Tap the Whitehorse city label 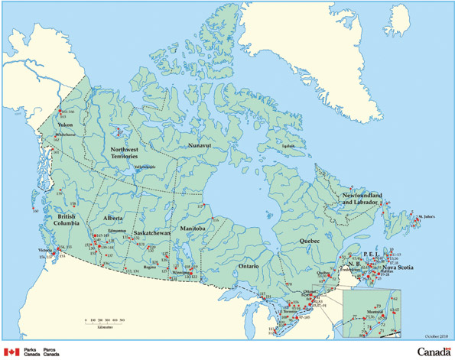[67, 135]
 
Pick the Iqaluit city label [288, 146]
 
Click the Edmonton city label [118, 229]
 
